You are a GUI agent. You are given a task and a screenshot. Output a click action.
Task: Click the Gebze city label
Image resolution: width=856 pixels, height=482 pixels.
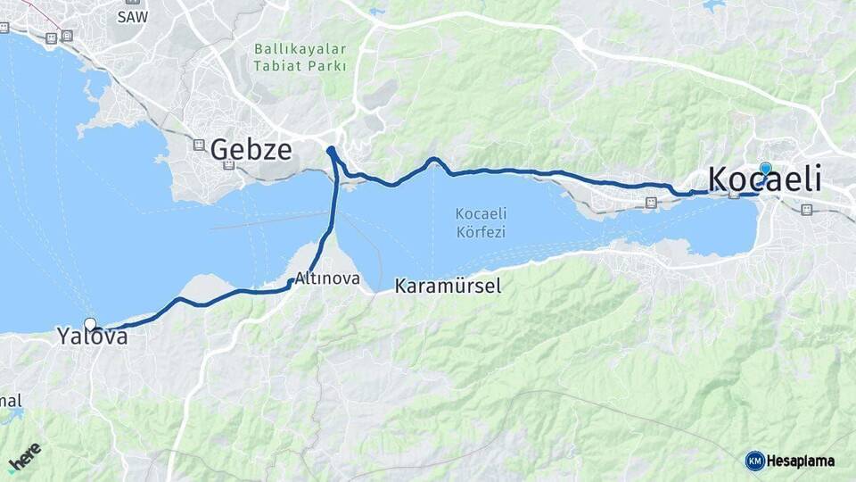251,149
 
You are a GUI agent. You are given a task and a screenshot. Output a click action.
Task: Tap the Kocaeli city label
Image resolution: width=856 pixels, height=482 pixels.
764,179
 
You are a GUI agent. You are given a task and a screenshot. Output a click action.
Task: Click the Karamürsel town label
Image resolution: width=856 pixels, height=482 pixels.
448,287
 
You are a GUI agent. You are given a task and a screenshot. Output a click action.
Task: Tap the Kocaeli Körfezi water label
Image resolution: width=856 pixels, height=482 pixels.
481,222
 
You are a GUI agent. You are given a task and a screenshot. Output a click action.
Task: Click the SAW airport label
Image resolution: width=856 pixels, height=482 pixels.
132,17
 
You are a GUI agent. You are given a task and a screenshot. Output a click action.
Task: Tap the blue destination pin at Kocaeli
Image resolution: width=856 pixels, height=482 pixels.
765,169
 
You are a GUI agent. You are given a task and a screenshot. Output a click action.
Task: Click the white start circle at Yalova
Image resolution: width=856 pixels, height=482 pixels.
90,324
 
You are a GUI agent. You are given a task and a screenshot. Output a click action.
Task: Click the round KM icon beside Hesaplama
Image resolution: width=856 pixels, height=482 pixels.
754,461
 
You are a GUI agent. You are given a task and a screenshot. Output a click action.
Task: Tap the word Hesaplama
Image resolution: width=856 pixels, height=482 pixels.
800,461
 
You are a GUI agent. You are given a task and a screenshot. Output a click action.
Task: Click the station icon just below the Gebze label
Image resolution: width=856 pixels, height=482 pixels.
228,165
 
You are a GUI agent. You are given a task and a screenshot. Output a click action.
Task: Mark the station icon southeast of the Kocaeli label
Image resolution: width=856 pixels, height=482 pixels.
806,210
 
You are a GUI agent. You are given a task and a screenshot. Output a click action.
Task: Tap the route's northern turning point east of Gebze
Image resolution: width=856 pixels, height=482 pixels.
331,150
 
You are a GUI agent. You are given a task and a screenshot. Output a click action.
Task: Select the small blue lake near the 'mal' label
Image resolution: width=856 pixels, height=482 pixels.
12,415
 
